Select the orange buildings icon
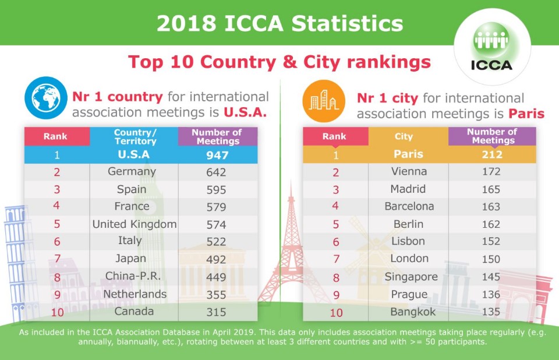coord(323,100)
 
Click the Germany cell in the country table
coord(132,172)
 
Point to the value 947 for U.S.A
coord(217,155)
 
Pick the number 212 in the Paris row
coord(491,155)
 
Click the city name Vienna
coord(409,172)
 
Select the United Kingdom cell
coord(135,224)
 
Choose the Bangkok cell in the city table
coord(409,312)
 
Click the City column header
coord(404,137)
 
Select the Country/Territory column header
coord(135,137)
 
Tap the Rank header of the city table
coord(334,137)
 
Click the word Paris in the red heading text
coord(523,114)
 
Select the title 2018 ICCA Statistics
coord(279,24)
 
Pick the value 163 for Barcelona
coord(491,207)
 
